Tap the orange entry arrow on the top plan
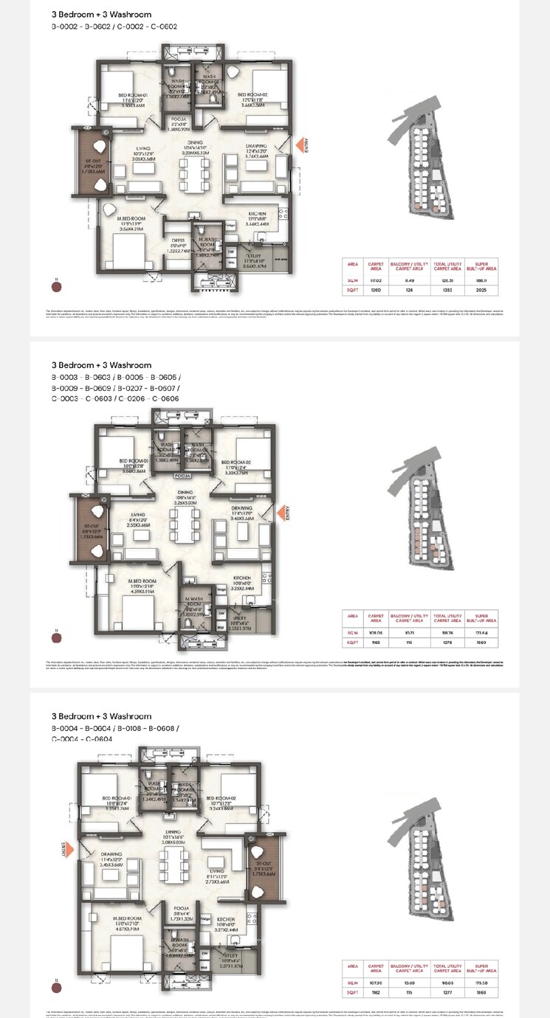tap(299, 145)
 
